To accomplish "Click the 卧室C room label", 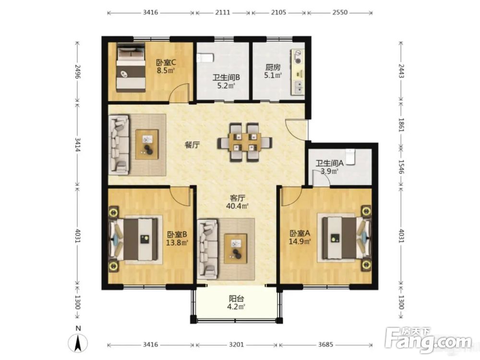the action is (x=166, y=63).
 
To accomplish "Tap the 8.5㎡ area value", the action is (x=166, y=71).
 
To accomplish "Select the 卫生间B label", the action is (x=226, y=78).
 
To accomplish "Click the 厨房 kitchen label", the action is (x=273, y=67).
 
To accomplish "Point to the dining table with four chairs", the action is (x=245, y=143).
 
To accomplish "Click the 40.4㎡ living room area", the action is (x=237, y=206).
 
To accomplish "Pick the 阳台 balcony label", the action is (x=236, y=299).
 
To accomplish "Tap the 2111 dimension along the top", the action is (x=223, y=12).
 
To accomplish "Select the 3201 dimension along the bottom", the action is (x=237, y=345).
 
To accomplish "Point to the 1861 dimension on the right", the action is (x=401, y=125).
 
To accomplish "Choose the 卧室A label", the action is (x=300, y=234).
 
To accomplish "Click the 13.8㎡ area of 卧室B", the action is (x=177, y=243).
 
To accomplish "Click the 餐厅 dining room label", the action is (x=192, y=145).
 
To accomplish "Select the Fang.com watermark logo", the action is (x=429, y=340).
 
